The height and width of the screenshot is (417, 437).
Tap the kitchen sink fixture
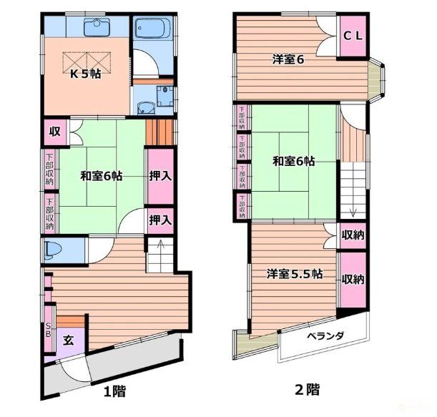tap(95, 27)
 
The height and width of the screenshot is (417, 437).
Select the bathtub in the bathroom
tap(152, 30)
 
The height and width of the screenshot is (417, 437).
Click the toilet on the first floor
tap(54, 250)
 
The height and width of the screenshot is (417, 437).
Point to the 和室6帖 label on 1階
tap(101, 175)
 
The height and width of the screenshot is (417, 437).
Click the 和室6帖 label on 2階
tap(293, 162)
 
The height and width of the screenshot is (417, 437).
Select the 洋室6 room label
tap(288, 59)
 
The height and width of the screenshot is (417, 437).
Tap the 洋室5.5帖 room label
tap(294, 273)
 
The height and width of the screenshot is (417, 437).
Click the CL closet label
tap(350, 36)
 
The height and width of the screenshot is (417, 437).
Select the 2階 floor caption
tap(308, 391)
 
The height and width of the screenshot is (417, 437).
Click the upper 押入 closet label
tap(159, 176)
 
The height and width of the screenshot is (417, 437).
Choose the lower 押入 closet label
tap(159, 220)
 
